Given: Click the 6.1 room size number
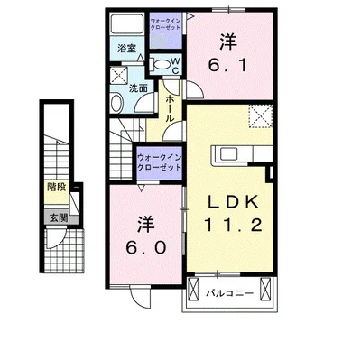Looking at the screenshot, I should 228,66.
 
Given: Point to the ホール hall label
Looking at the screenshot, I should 169,111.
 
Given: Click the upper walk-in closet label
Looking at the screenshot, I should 166,23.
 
